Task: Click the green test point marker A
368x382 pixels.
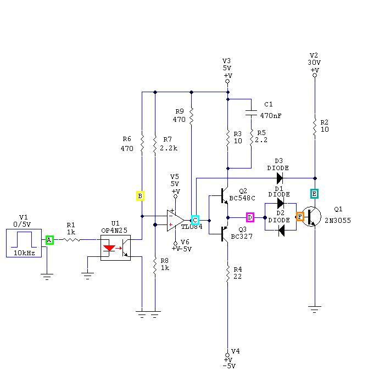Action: click(x=49, y=240)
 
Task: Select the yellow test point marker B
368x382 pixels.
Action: click(x=140, y=196)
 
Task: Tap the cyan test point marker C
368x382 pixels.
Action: click(x=195, y=220)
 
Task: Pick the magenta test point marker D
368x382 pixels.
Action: click(x=250, y=217)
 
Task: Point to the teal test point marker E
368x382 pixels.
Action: click(x=314, y=194)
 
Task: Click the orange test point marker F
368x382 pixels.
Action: click(x=300, y=217)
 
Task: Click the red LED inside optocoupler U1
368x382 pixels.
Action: click(x=109, y=248)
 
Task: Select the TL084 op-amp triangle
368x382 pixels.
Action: click(x=175, y=221)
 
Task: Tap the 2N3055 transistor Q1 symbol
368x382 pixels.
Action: click(x=311, y=216)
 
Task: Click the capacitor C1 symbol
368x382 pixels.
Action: click(x=251, y=113)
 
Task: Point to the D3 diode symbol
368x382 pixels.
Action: click(x=280, y=178)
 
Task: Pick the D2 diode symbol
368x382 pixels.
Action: click(x=281, y=230)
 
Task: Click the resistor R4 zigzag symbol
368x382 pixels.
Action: click(x=228, y=274)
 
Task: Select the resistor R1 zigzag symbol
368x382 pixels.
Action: click(x=71, y=240)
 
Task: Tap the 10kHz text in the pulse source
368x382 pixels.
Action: click(x=24, y=253)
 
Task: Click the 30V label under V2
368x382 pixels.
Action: click(x=314, y=63)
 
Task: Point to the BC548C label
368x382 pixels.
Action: click(x=242, y=198)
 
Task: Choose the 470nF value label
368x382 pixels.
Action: click(x=271, y=115)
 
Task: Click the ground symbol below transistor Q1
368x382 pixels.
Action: click(x=315, y=309)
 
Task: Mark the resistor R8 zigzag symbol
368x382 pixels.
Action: click(x=155, y=267)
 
